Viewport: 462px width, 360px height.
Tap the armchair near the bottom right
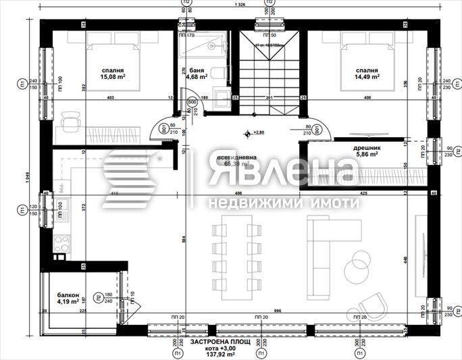[x=374, y=305]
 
